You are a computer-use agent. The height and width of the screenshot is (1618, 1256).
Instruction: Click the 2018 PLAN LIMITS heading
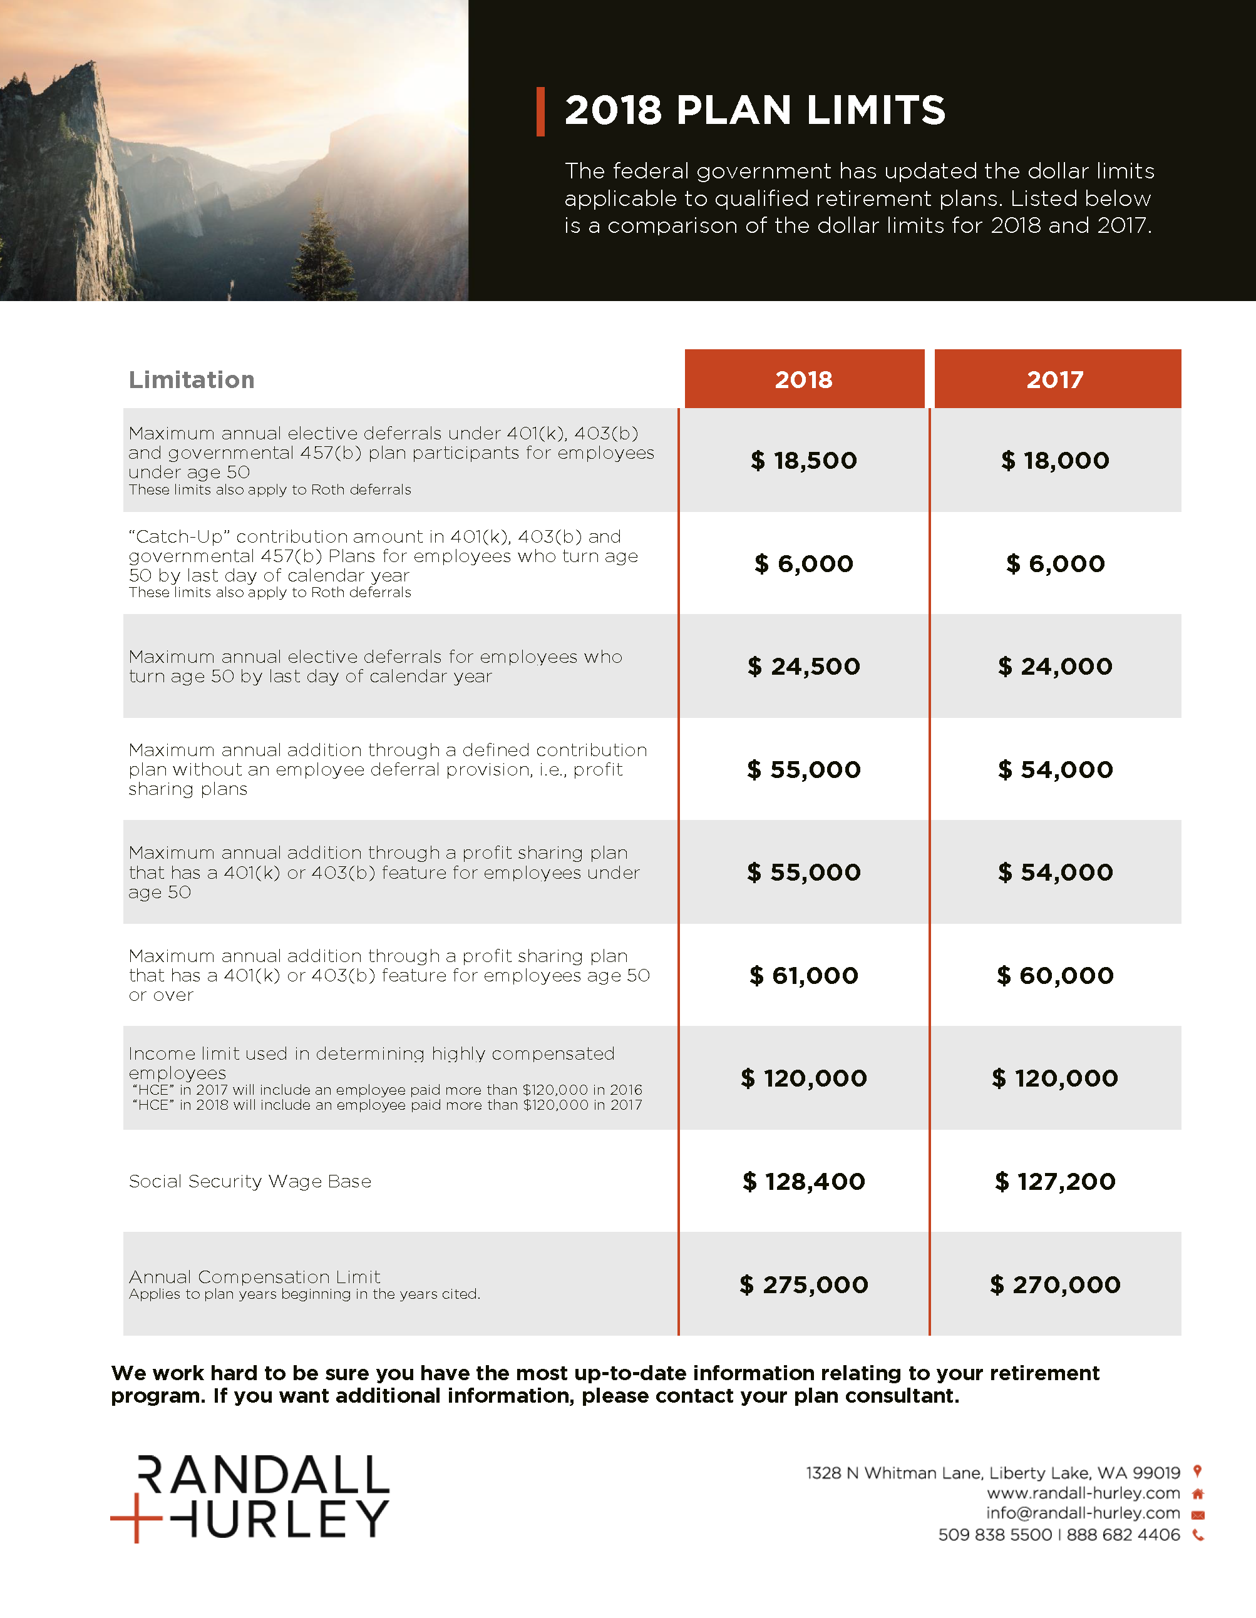[754, 111]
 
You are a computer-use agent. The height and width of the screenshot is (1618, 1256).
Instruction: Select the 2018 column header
[804, 379]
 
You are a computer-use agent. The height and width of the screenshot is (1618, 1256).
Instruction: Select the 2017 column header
[1055, 379]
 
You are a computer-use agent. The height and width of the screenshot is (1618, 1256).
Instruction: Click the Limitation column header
[191, 379]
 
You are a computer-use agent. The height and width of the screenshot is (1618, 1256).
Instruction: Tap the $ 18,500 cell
[804, 460]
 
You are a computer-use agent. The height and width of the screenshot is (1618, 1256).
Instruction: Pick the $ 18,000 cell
[1055, 460]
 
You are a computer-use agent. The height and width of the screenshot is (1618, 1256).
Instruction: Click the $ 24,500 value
[804, 666]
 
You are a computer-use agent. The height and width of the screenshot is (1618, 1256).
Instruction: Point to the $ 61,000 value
[804, 975]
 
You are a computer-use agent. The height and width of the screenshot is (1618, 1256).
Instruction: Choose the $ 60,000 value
[1055, 975]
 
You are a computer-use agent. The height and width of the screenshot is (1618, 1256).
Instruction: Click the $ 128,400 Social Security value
[804, 1181]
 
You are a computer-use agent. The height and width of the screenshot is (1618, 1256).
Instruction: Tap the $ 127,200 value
[1055, 1181]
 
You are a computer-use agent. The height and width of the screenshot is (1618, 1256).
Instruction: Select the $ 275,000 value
[804, 1284]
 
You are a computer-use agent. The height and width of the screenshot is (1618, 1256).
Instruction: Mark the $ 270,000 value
[1055, 1284]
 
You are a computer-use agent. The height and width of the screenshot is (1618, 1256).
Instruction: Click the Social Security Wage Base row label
[250, 1181]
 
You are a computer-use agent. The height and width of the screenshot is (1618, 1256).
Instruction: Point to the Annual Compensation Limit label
[254, 1276]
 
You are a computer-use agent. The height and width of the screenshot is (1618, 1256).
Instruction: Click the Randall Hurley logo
[250, 1497]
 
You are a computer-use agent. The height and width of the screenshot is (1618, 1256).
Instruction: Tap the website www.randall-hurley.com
[1083, 1493]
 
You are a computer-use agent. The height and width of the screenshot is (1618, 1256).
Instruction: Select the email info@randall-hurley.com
[1083, 1513]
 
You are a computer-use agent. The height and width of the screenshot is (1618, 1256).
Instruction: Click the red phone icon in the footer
[1198, 1535]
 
